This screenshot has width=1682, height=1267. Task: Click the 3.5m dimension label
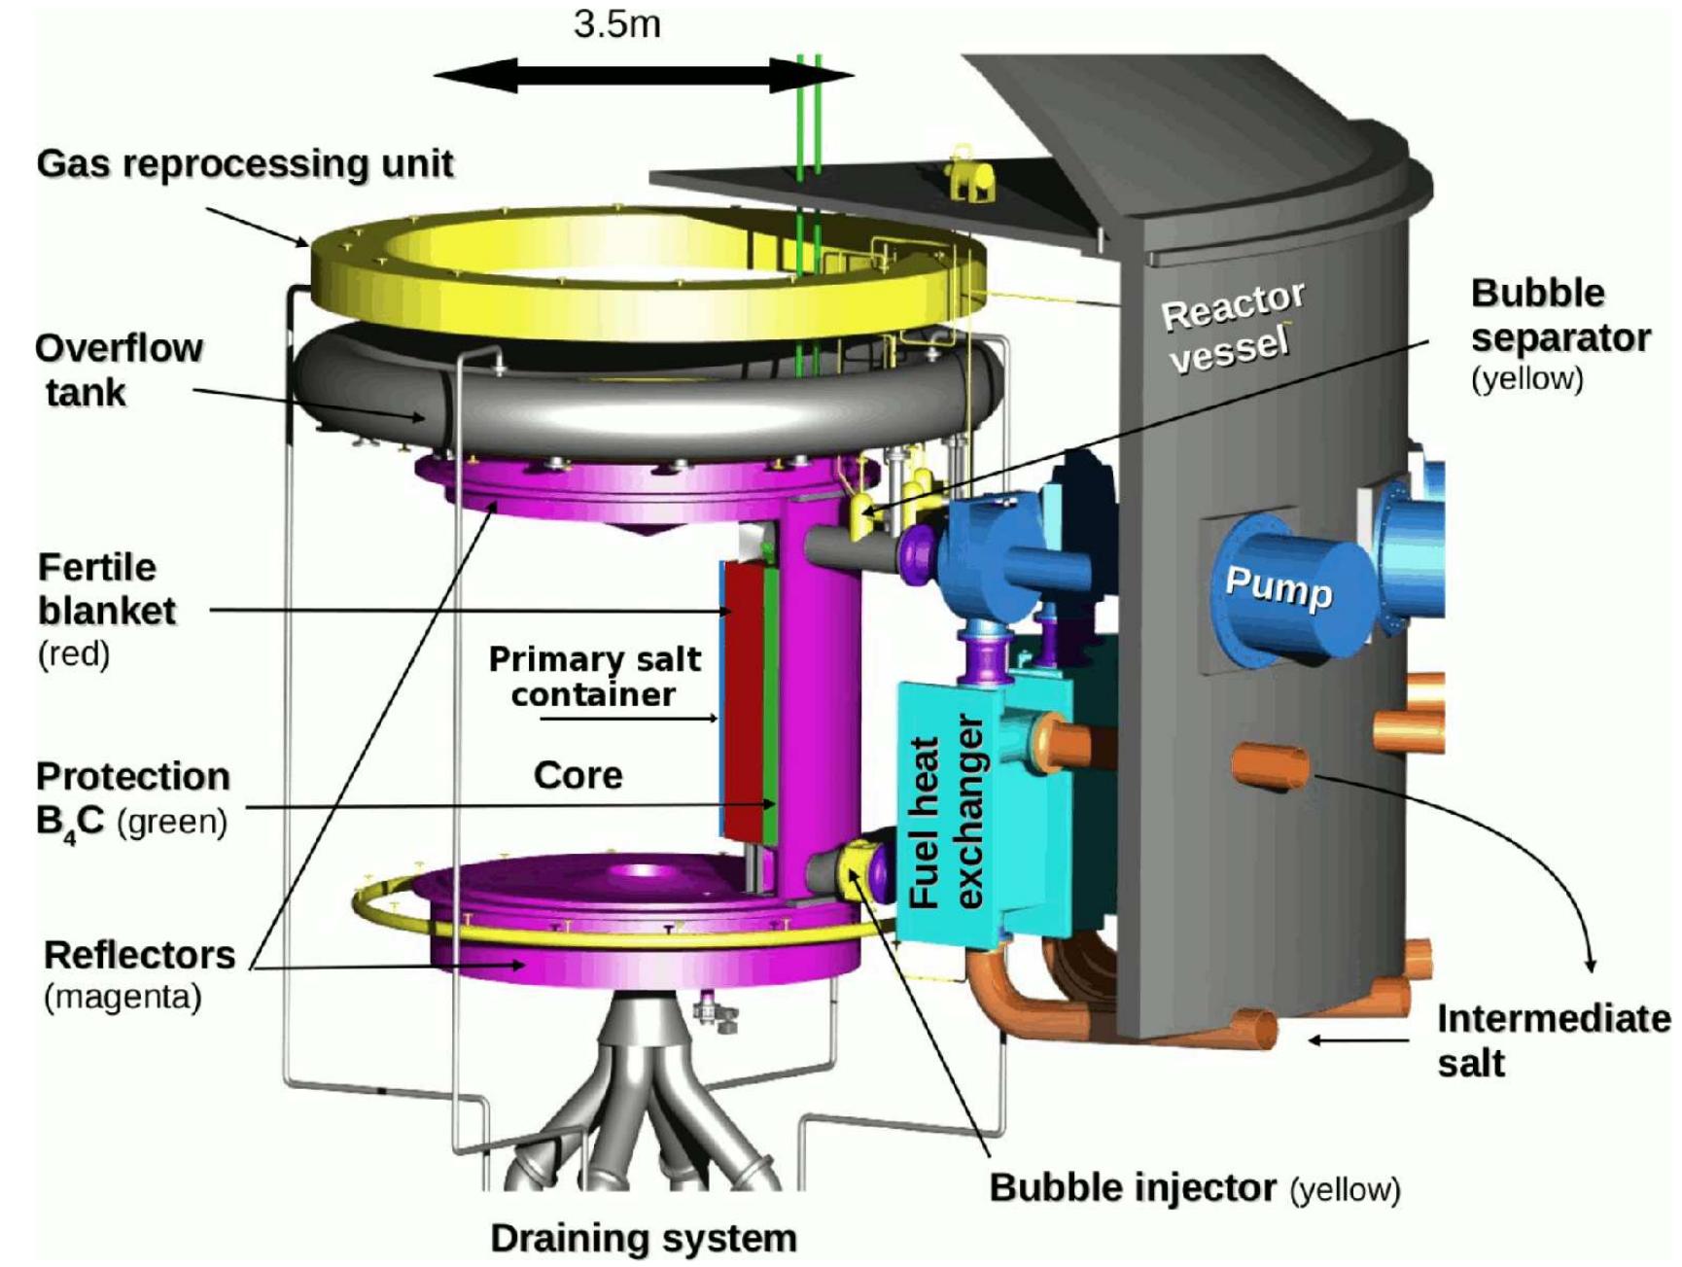tap(616, 24)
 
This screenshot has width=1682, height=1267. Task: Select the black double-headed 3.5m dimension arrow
tap(642, 75)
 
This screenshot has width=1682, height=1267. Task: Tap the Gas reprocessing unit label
tap(245, 163)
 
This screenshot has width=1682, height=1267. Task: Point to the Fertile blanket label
tap(106, 589)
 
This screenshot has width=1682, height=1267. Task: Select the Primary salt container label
tap(594, 676)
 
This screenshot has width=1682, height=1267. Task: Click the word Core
tap(578, 775)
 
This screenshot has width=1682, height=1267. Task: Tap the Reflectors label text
tap(139, 955)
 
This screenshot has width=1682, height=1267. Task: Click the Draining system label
tap(643, 1238)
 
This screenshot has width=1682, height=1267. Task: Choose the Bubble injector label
tap(1133, 1187)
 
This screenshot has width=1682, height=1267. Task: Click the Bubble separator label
tap(1559, 316)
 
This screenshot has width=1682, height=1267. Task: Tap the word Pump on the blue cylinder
tap(1278, 586)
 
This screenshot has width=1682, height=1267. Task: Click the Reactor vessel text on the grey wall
tap(1233, 327)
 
